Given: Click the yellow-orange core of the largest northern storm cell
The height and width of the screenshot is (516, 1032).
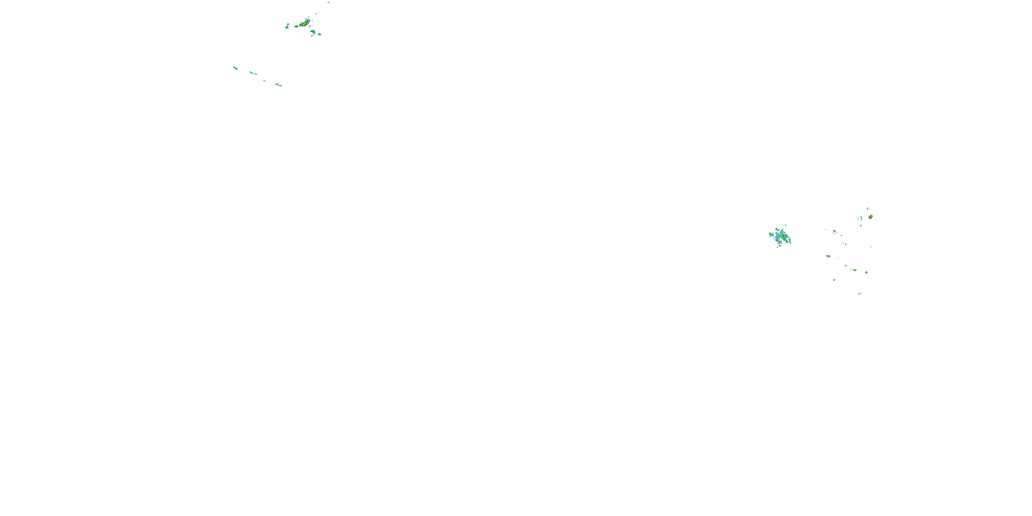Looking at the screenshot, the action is click(x=305, y=24).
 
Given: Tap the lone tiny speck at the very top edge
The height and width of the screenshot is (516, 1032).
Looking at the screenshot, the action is click(x=329, y=2).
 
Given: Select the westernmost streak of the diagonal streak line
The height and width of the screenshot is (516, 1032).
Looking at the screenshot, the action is click(x=236, y=68).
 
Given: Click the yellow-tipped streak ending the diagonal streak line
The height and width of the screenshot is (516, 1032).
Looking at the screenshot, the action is click(x=279, y=85).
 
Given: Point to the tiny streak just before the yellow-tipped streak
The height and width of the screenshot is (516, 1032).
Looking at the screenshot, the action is click(x=265, y=81).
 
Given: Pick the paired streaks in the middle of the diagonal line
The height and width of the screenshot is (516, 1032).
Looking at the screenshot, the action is click(x=253, y=73).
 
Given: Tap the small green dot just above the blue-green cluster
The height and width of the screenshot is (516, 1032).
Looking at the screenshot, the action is click(x=786, y=225).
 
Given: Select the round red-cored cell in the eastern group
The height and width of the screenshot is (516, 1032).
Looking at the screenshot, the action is click(x=870, y=217).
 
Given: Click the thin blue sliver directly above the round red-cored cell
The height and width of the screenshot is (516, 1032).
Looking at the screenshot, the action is click(x=867, y=208).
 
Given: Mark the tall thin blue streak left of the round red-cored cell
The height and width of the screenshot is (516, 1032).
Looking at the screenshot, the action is click(x=861, y=218).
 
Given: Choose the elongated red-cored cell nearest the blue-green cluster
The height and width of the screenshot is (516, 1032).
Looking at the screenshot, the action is click(x=828, y=256).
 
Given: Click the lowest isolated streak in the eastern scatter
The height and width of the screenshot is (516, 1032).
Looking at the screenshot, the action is click(x=860, y=294).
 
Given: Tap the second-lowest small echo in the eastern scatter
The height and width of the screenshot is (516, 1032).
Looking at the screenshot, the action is click(x=834, y=280).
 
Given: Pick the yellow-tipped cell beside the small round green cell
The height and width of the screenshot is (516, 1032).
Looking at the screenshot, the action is click(x=854, y=270).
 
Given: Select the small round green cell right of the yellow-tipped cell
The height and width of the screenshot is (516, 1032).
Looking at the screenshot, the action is click(x=867, y=272).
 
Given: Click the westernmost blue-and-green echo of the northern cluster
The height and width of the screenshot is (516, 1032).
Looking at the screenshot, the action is click(x=287, y=26).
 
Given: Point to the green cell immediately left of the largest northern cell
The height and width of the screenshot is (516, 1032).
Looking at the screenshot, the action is click(x=297, y=26).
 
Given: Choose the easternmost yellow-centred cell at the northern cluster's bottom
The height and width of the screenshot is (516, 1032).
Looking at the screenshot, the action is click(x=319, y=34).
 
